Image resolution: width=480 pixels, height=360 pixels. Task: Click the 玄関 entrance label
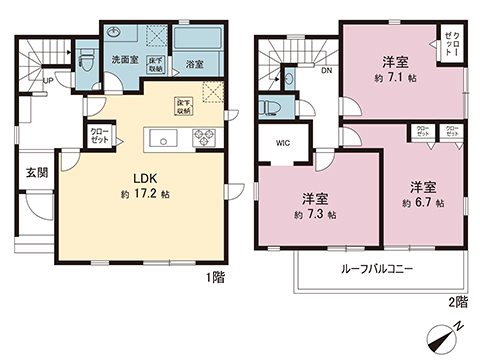[36, 172]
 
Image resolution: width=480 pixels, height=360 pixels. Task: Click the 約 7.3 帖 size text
[314, 214]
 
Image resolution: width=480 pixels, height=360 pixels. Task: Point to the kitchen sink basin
[159, 137]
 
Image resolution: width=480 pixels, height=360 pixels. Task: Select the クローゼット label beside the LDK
[101, 133]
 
